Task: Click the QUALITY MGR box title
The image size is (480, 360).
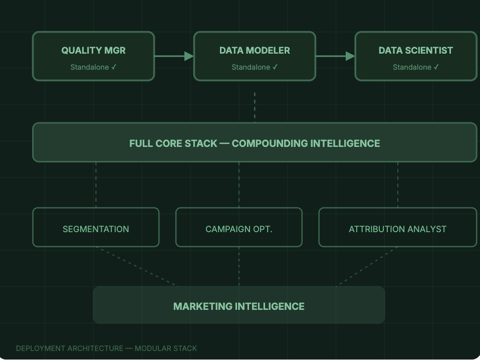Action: pos(93,51)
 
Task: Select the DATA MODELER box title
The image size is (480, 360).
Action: pos(255,51)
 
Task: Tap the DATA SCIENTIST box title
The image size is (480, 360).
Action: pos(415,51)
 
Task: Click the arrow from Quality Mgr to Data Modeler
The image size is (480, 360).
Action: pos(173,56)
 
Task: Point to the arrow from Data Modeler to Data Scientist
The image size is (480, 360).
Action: pos(335,56)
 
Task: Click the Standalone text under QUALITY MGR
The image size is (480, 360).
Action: pos(93,67)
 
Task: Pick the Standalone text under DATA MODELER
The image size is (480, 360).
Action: pos(255,67)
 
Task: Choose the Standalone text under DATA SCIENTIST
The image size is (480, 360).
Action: pos(415,67)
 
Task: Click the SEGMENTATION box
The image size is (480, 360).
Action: pos(96,229)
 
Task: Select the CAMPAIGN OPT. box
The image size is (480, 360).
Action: pos(239,229)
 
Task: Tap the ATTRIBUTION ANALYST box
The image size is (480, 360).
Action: pos(397,229)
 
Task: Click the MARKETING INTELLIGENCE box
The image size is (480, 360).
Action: pos(239,306)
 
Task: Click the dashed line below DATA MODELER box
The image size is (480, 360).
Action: pos(255,107)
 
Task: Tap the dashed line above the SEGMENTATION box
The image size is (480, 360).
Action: pos(96,185)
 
